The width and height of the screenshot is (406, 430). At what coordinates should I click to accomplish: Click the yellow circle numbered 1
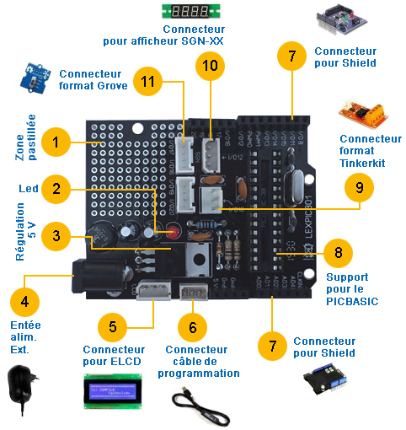(56, 142)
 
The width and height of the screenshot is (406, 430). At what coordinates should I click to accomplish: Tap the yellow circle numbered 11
(148, 81)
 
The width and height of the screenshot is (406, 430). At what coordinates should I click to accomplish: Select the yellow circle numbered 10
(211, 64)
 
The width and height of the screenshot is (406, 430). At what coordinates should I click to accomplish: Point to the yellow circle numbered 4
(24, 299)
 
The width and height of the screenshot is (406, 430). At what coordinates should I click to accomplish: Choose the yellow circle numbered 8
(337, 252)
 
